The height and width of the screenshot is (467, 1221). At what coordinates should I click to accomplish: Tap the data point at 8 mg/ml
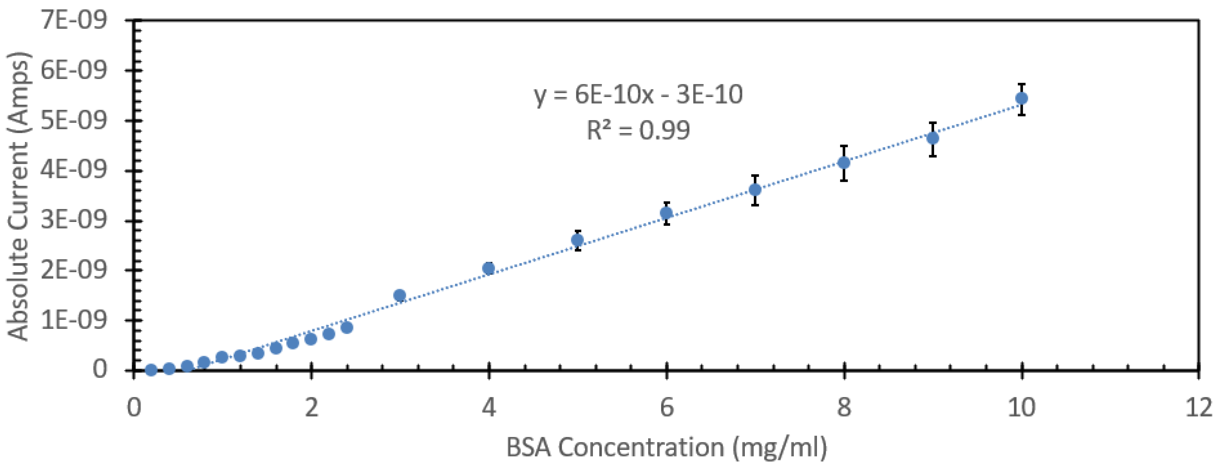(x=844, y=163)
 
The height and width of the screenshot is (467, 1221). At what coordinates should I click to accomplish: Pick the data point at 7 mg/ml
(x=755, y=190)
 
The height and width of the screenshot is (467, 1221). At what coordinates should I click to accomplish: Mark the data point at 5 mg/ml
(x=577, y=240)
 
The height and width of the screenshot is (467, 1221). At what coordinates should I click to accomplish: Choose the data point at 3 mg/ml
(x=399, y=295)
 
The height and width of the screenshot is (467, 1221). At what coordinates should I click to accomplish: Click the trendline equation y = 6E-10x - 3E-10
(x=638, y=95)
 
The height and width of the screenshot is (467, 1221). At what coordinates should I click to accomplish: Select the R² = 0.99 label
(x=638, y=130)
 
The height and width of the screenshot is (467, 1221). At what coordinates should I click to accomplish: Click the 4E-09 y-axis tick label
(x=73, y=170)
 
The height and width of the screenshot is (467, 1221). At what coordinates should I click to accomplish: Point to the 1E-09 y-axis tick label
(x=73, y=320)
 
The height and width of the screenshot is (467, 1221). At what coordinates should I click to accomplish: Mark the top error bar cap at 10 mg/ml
(x=1021, y=84)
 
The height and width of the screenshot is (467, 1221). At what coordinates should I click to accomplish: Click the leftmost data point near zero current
(x=151, y=370)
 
